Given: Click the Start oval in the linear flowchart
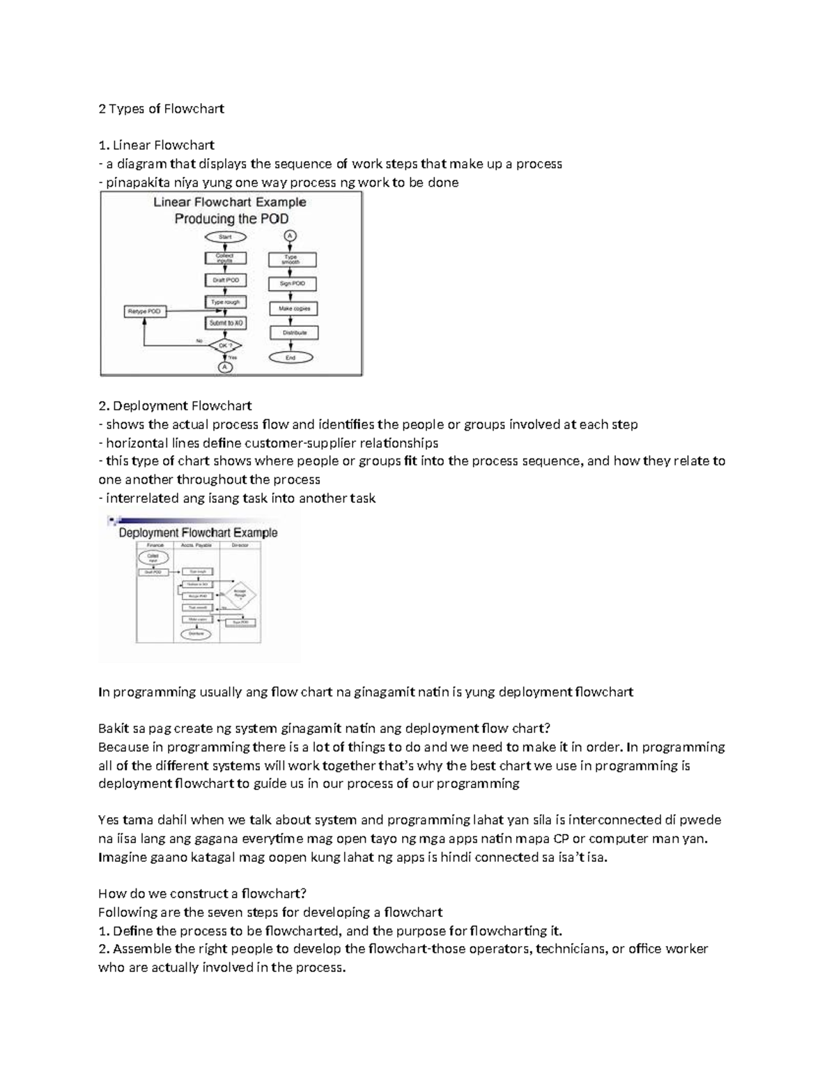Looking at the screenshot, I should pyautogui.click(x=224, y=238).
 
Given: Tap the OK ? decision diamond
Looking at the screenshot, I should pyautogui.click(x=225, y=346).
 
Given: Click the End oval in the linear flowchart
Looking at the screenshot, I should pyautogui.click(x=291, y=357).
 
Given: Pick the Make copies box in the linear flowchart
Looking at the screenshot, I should pyautogui.click(x=293, y=309).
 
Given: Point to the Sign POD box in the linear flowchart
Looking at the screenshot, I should pyautogui.click(x=292, y=284).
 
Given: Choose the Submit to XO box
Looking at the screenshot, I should pyautogui.click(x=225, y=323).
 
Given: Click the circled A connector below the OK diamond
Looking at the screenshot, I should pyautogui.click(x=224, y=367).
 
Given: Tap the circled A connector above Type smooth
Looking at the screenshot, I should pyautogui.click(x=291, y=236).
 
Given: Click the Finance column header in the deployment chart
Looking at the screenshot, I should pyautogui.click(x=155, y=546).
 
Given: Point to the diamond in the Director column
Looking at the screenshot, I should pyautogui.click(x=240, y=594).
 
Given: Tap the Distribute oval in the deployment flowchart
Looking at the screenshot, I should pyautogui.click(x=196, y=634).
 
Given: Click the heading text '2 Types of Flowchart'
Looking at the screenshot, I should pyautogui.click(x=161, y=109).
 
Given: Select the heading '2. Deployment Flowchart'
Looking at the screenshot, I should pyautogui.click(x=175, y=405).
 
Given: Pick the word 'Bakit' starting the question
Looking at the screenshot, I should pyautogui.click(x=113, y=729).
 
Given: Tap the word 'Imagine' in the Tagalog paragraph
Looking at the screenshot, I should pyautogui.click(x=123, y=857).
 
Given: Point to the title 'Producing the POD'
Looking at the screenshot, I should pyautogui.click(x=231, y=219).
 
